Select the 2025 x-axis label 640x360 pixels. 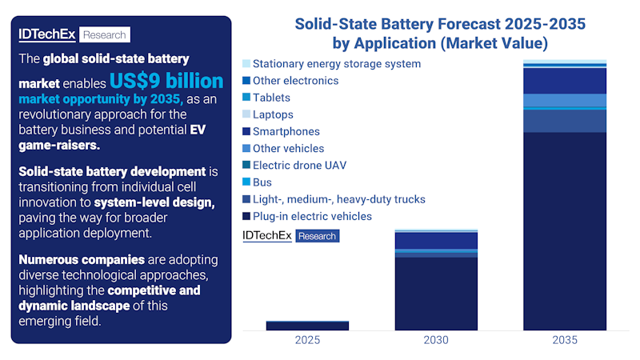click(x=307, y=340)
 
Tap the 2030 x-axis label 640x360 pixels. click(x=436, y=340)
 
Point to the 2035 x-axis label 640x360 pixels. click(x=565, y=340)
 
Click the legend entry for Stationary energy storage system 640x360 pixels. click(x=336, y=63)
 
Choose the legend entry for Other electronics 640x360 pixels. click(x=295, y=81)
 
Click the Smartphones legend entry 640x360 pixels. click(x=286, y=131)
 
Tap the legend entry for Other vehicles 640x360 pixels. click(x=288, y=148)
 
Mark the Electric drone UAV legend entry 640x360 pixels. click(x=299, y=166)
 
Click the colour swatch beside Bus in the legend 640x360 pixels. click(x=246, y=182)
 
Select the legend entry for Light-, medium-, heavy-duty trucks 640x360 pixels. click(x=338, y=199)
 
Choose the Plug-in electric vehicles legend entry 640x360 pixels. click(x=312, y=216)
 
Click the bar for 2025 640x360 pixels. click(x=307, y=326)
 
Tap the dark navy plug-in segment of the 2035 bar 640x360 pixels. click(x=565, y=232)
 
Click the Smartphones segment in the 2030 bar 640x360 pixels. click(x=436, y=240)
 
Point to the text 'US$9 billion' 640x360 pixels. click(x=166, y=82)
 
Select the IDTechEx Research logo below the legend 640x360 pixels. click(x=290, y=235)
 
